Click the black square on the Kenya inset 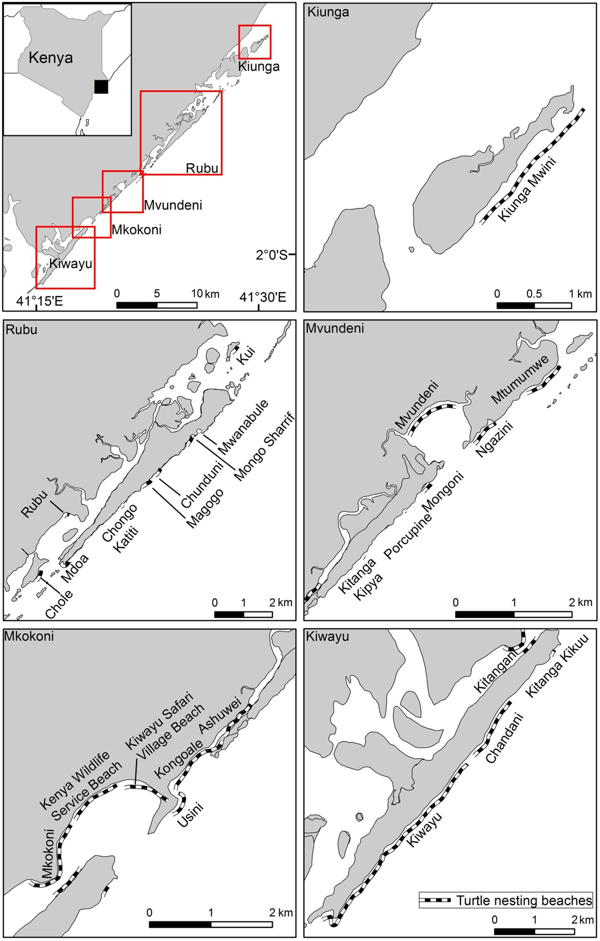[101, 87]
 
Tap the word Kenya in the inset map [51, 57]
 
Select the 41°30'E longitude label [262, 297]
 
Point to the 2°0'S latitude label [271, 255]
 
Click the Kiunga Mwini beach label [527, 189]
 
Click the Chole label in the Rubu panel [59, 604]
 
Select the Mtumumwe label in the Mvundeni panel [520, 379]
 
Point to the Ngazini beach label [495, 439]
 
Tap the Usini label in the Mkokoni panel [189, 815]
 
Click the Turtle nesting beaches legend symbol [435, 900]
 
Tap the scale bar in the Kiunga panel [534, 306]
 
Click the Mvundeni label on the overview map [173, 205]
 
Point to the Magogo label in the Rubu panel [205, 508]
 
